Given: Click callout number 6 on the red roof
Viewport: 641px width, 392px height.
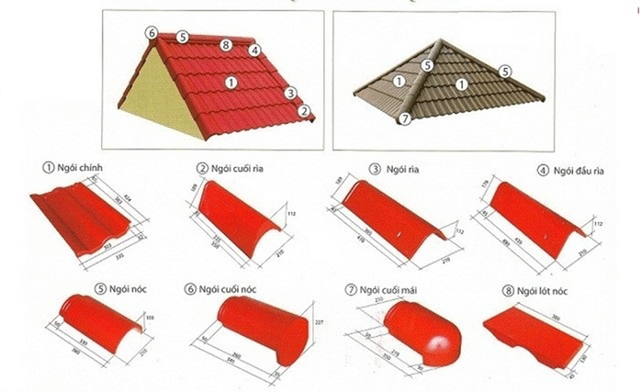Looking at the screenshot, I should click(151, 33).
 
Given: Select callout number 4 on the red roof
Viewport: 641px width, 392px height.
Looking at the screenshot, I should click(254, 50).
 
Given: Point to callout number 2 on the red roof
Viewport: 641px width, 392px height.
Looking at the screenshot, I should click(304, 110).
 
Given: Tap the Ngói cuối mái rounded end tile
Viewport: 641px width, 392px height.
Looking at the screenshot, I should click(417, 332).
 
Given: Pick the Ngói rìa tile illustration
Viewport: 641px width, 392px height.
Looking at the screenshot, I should click(393, 220).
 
